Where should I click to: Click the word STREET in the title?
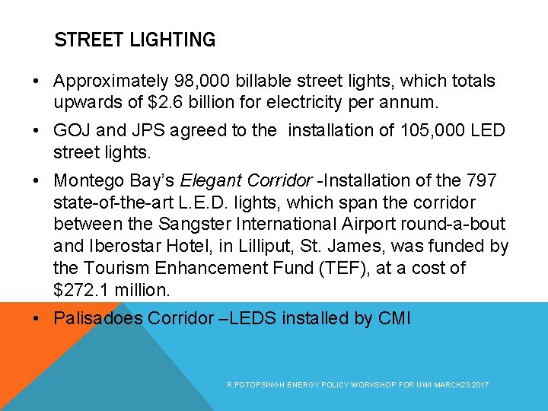pyautogui.click(x=84, y=40)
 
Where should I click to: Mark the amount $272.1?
pyautogui.click(x=84, y=290)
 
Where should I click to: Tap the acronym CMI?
pyautogui.click(x=394, y=318)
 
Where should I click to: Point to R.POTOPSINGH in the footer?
pyautogui.click(x=249, y=386)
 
